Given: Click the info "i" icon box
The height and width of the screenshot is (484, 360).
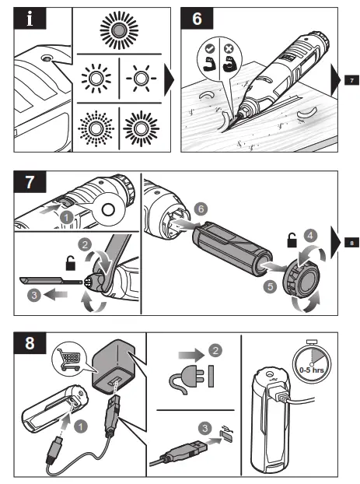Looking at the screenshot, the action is click(x=30, y=18).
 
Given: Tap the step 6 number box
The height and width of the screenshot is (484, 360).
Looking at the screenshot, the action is click(x=197, y=18).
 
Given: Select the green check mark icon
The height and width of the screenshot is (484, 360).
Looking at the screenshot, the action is click(x=210, y=48).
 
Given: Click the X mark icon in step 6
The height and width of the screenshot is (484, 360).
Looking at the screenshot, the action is click(x=229, y=49).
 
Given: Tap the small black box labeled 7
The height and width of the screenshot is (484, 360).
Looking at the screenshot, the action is click(x=351, y=80).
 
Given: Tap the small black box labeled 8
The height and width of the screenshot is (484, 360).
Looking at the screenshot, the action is click(x=351, y=243).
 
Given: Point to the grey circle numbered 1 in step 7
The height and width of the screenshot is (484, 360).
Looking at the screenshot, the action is click(x=66, y=218).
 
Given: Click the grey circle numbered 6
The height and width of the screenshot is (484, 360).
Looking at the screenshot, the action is click(x=201, y=209).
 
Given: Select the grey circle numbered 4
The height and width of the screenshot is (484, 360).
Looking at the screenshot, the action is click(x=310, y=236).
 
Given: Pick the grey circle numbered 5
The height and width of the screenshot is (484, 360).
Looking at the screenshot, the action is click(x=270, y=287).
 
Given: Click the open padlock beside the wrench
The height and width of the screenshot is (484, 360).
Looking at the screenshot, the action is click(x=71, y=263).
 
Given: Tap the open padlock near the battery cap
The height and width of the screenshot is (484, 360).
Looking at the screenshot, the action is click(x=292, y=240).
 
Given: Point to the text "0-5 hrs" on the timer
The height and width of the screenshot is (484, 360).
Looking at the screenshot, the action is click(x=312, y=370).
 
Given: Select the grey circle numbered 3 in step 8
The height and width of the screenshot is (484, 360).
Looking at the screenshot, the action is click(x=204, y=428).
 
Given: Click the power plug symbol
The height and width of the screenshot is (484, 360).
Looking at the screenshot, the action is click(x=187, y=379).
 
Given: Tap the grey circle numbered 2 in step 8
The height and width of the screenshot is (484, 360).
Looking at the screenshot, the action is click(x=215, y=350).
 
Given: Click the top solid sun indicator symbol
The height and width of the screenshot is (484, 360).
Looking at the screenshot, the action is click(x=119, y=30).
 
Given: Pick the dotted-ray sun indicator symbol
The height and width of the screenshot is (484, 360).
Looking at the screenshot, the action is click(x=96, y=128).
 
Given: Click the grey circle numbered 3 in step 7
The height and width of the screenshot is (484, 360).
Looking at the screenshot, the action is click(x=34, y=295).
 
